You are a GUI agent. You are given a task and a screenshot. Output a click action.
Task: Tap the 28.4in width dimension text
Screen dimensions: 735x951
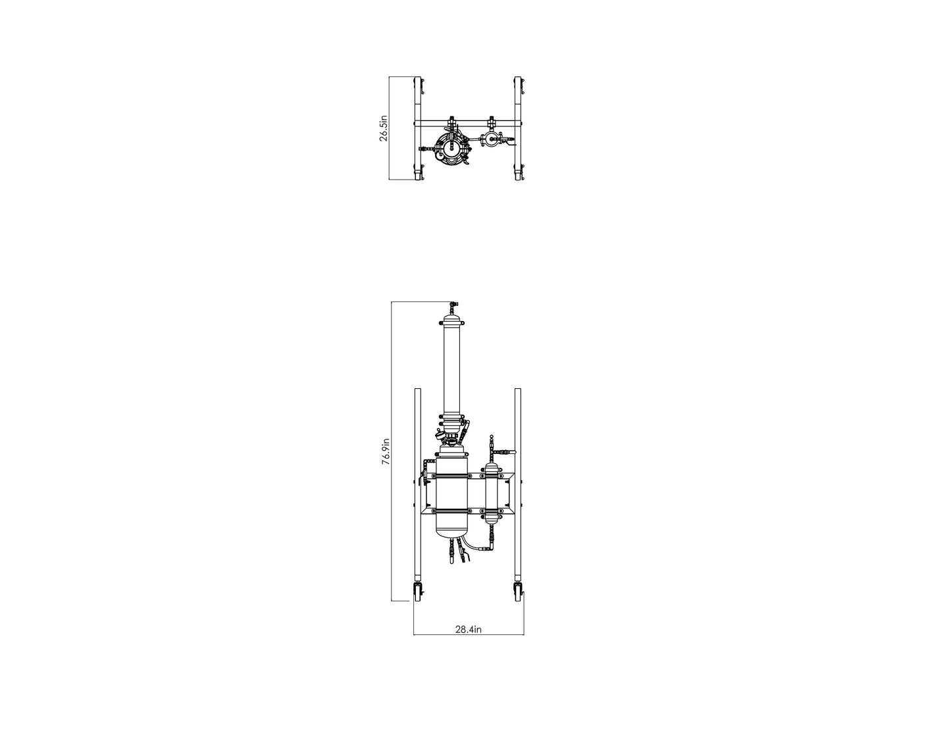coord(469,629)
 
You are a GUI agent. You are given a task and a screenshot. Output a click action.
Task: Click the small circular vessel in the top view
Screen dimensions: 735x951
coord(490,139)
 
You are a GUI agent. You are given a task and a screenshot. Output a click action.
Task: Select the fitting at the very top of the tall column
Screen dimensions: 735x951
coord(452,307)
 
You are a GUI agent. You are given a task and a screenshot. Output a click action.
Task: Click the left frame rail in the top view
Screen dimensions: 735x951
coord(417,128)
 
